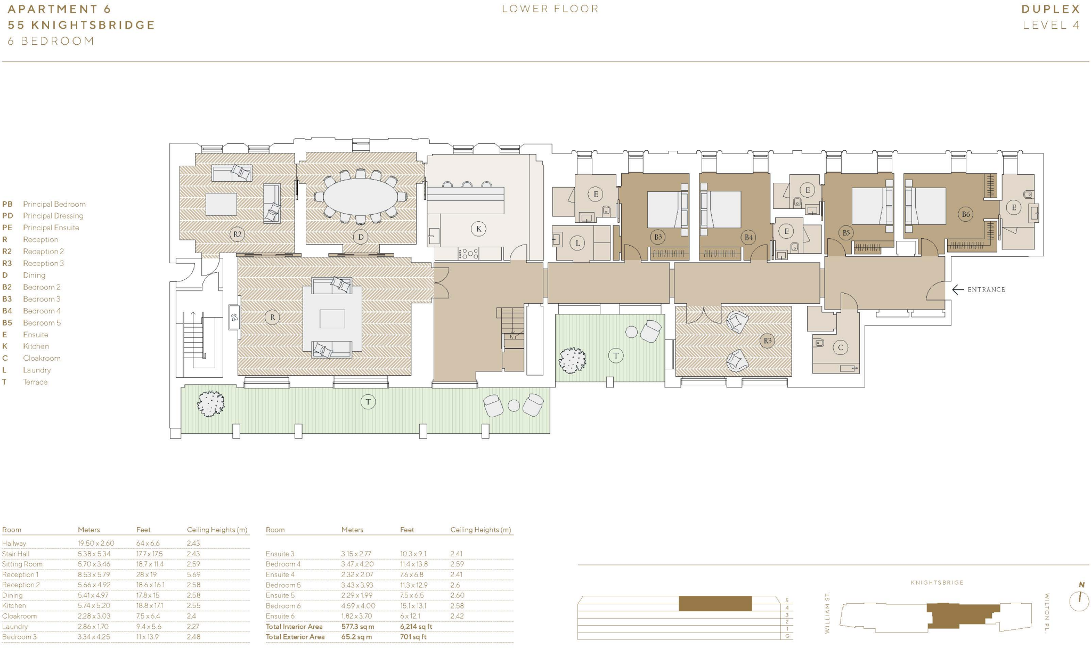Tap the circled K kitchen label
478,229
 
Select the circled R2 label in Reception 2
237,234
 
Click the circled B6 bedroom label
965,214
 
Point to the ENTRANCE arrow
958,289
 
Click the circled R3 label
767,341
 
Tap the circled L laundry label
577,244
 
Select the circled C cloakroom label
841,348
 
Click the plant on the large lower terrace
210,403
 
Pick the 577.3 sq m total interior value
357,627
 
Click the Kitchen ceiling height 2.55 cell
193,605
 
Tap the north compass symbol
1079,600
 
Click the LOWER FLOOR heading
550,9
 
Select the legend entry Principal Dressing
53,216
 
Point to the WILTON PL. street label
1047,613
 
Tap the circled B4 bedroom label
748,237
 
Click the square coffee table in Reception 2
221,204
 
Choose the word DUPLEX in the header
1051,9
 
